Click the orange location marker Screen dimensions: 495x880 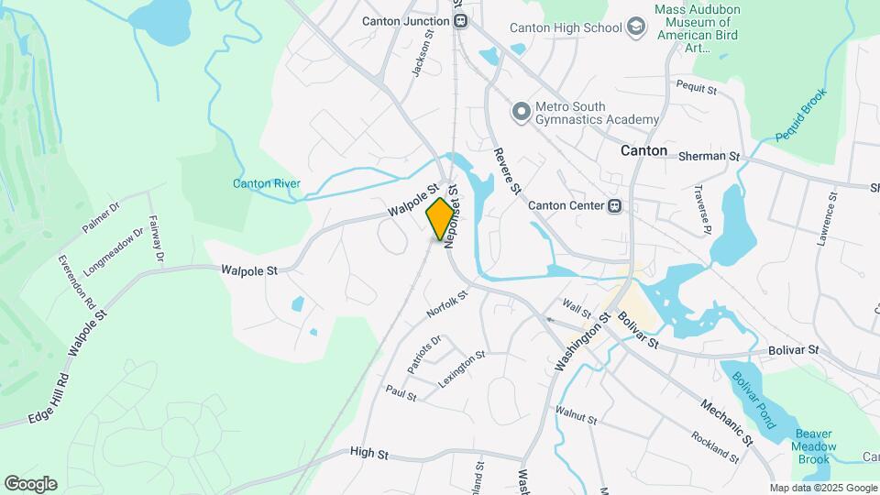pyautogui.click(x=441, y=218)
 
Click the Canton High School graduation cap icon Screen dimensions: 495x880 pyautogui.click(x=635, y=28)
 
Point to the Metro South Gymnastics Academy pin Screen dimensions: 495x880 pyautogui.click(x=522, y=112)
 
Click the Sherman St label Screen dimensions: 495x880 pyautogui.click(x=709, y=157)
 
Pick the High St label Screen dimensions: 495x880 pyautogui.click(x=369, y=453)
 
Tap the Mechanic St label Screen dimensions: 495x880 pyautogui.click(x=726, y=421)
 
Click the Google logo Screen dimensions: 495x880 pyautogui.click(x=30, y=484)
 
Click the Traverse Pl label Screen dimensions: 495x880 pyautogui.click(x=702, y=213)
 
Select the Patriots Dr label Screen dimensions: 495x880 pyautogui.click(x=424, y=354)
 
